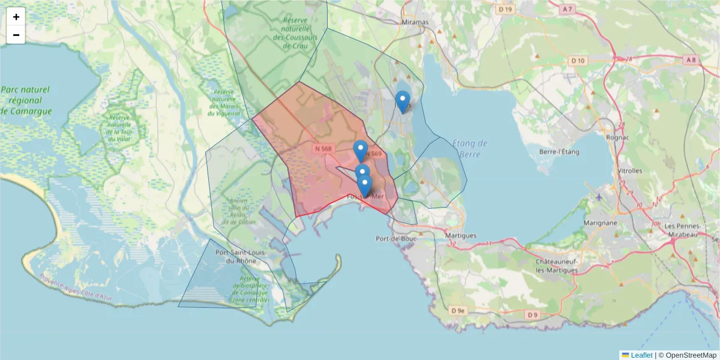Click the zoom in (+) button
(16, 17)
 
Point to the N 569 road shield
(373, 154)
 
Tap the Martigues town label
(461, 236)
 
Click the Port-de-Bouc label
(393, 238)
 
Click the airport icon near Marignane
(599, 197)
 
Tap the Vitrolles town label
(629, 170)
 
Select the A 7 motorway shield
(568, 9)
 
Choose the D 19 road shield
(506, 9)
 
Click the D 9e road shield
(458, 310)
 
